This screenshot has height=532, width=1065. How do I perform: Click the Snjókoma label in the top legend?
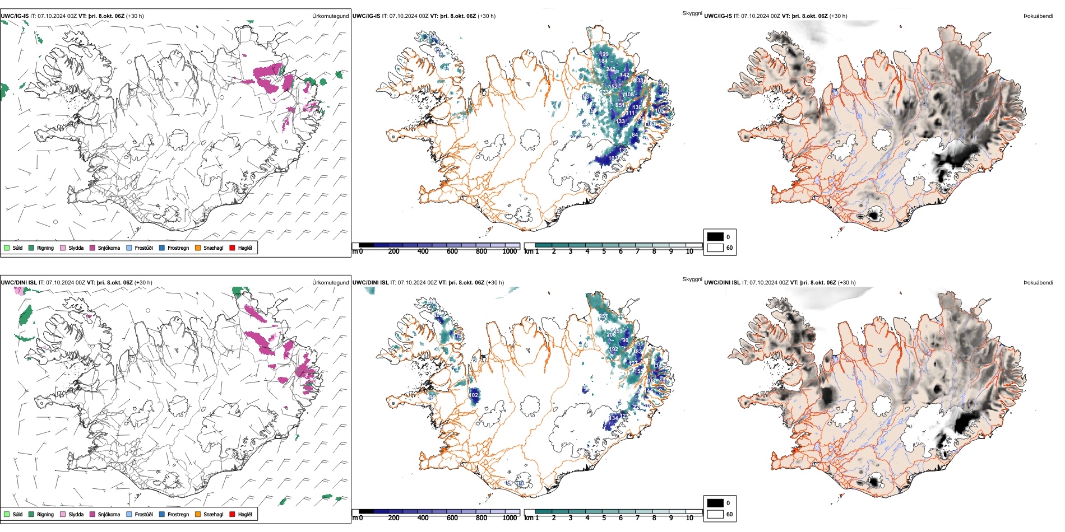click(109, 248)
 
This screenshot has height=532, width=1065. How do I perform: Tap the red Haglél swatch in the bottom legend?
click(232, 514)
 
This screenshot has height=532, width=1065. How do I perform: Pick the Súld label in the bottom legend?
click(17, 514)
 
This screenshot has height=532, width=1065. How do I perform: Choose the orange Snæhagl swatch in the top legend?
click(198, 248)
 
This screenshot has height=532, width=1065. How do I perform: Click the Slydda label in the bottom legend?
click(76, 514)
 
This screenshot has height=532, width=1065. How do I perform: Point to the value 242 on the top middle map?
click(610, 69)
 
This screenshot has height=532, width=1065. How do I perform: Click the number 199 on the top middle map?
click(604, 54)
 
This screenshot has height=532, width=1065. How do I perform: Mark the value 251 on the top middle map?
click(620, 105)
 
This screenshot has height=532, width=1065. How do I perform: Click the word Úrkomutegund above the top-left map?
click(330, 16)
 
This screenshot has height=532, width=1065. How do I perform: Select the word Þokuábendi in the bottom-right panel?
click(1038, 283)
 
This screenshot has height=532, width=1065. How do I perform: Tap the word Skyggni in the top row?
click(692, 13)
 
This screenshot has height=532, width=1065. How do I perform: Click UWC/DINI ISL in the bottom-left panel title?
click(18, 283)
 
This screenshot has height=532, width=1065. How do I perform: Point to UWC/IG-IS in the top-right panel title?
click(718, 16)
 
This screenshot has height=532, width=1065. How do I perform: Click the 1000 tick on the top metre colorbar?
click(510, 251)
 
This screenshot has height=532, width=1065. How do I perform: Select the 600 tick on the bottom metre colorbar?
click(452, 518)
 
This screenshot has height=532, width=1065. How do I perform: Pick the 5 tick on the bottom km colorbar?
click(604, 518)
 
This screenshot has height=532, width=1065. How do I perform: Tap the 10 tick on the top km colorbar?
click(689, 251)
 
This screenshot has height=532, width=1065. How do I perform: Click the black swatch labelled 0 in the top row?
click(715, 237)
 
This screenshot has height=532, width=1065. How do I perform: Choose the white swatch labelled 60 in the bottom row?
click(715, 514)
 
